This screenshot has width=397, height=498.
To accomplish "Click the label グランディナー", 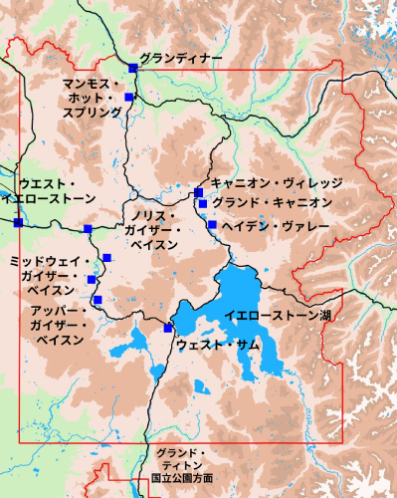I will click(180, 59).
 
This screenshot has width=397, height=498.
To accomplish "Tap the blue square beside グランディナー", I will click(132, 67).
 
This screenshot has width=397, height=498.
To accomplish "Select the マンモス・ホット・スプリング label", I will click(92, 98).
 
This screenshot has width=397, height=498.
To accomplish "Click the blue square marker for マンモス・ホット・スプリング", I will click(128, 97).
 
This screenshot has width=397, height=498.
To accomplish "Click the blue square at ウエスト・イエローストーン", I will click(17, 222).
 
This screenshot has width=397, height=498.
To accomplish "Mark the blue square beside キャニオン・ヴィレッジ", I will click(198, 191).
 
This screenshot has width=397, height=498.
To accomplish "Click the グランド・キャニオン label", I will click(272, 203).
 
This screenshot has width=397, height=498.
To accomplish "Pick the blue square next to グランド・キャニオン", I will click(203, 204).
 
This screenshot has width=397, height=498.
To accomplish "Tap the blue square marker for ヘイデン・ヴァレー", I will click(212, 224).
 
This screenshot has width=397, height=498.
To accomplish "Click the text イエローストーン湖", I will click(277, 316).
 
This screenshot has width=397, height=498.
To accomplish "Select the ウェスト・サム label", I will click(218, 345).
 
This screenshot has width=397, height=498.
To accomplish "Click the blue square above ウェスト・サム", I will click(166, 328).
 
